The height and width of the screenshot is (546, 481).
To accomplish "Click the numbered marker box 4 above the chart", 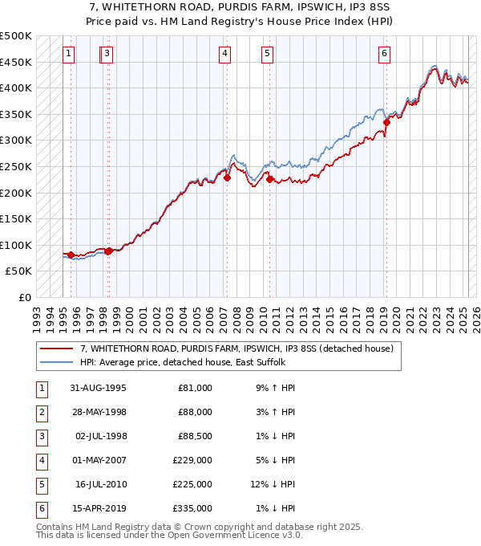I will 225,54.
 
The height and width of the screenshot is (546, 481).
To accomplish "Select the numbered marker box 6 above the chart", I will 385,54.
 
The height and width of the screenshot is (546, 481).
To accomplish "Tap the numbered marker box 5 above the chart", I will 267,54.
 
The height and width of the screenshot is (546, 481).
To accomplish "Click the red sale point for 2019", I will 386,122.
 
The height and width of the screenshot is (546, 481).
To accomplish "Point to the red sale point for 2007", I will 227,177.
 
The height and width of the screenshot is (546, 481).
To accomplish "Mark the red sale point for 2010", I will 269,179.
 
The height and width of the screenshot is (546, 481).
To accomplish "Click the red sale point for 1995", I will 71,255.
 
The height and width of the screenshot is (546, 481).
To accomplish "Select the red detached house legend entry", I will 236,348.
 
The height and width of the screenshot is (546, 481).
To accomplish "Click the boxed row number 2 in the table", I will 40,412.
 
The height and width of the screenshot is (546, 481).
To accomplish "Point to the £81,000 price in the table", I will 195,388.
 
